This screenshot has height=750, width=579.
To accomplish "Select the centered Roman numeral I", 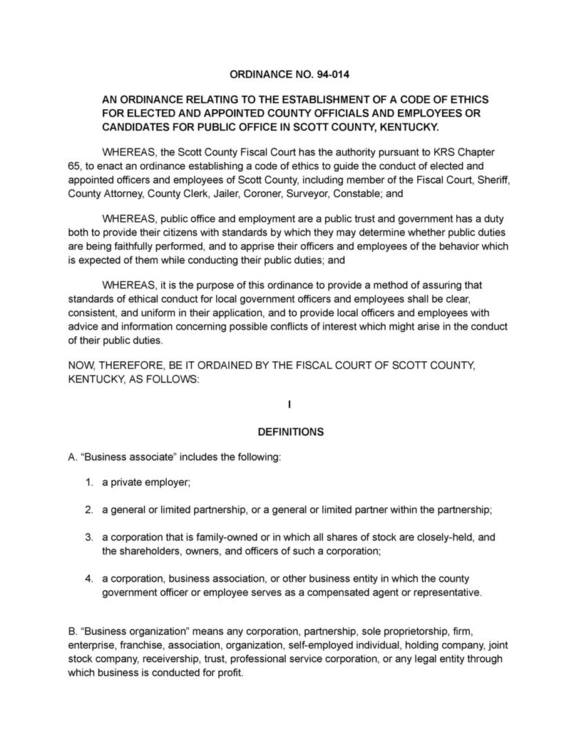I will [290, 405].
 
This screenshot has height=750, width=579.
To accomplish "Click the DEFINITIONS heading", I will [290, 432].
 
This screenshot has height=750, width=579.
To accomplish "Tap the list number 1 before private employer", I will [88, 483].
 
